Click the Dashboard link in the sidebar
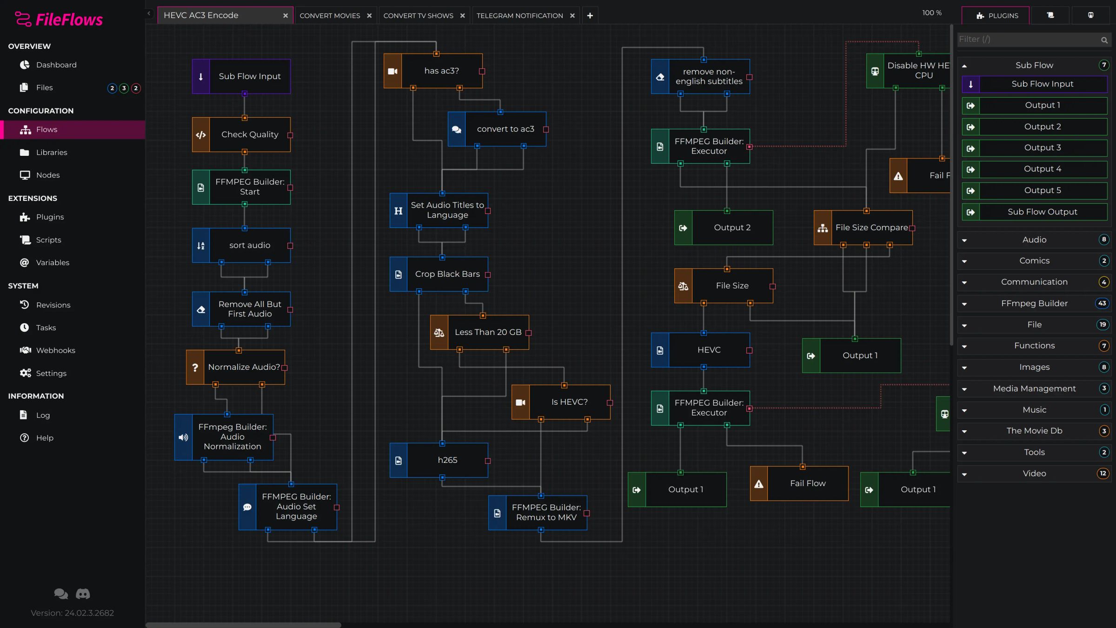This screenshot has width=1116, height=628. pos(56,65)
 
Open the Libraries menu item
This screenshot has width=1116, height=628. pos(51,152)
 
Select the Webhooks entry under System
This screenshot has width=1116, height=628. pos(55,350)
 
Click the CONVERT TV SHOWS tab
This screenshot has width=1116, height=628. pos(418,16)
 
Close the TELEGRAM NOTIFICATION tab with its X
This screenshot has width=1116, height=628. pos(572,16)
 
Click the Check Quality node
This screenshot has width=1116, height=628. pos(249,134)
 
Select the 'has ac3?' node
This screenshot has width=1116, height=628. pos(441,71)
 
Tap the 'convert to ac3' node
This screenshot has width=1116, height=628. pos(505,129)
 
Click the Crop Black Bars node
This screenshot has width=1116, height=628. pos(447,274)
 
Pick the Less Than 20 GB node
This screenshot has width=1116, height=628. pos(487,332)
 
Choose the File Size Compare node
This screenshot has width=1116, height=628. pos(871,227)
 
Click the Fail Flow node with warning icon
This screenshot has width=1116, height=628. pos(807,483)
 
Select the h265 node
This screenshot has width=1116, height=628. pos(447,460)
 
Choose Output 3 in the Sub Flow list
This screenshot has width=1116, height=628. pos(1042,147)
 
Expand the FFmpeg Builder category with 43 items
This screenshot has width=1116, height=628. pos(1034,303)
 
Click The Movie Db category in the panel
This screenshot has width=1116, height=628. pos(1034,431)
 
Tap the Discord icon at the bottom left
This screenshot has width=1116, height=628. pos(83,594)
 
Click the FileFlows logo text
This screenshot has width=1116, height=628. pos(69,20)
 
